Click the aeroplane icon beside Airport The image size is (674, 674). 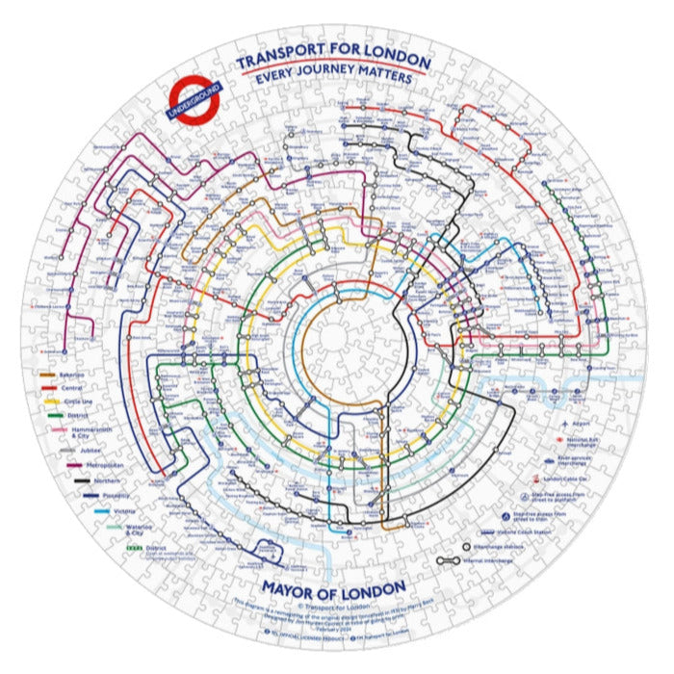(560, 422)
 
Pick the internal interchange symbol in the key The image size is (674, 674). (448, 559)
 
